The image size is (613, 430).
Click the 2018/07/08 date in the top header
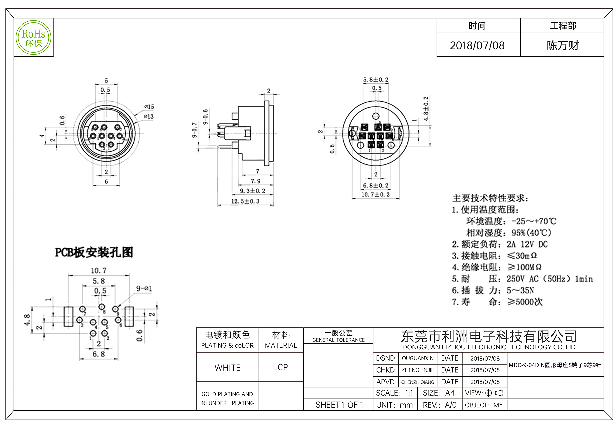[477, 45]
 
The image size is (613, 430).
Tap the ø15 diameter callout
[149, 107]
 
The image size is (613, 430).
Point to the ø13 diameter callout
[149, 116]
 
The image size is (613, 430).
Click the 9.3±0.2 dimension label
[252, 191]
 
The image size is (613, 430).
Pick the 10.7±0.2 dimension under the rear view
[375, 194]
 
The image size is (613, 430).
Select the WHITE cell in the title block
[227, 368]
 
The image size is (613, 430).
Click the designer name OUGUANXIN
[418, 358]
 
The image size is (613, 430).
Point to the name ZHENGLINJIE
[418, 370]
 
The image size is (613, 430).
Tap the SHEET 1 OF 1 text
[339, 405]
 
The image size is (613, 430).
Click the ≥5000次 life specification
[525, 302]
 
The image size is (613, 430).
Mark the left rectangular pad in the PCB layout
[68, 317]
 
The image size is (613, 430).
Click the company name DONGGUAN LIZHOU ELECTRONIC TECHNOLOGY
[489, 347]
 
